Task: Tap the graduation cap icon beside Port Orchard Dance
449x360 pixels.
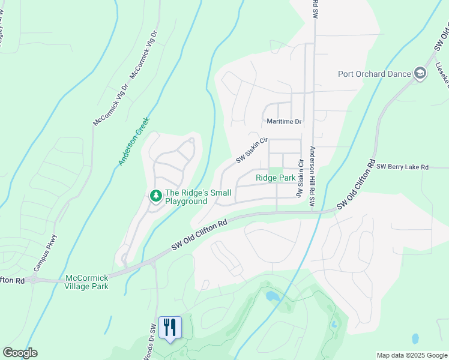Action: coord(420,74)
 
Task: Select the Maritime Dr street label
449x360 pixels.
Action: coord(285,122)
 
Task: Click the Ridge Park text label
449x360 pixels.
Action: coord(276,178)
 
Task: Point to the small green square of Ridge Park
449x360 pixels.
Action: coord(275,171)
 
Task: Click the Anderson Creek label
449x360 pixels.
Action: coord(133,140)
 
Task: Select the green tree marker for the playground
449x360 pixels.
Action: coord(155,196)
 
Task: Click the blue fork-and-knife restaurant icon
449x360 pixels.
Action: coord(170,328)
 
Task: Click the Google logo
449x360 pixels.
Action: coord(20,353)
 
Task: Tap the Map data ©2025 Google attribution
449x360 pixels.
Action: coord(411,355)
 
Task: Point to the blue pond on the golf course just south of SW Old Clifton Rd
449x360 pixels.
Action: coord(272,296)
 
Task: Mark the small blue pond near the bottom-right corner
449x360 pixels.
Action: coord(414,338)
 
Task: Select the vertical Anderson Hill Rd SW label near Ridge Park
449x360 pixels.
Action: coord(312,178)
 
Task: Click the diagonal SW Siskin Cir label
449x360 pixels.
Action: coord(252,149)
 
